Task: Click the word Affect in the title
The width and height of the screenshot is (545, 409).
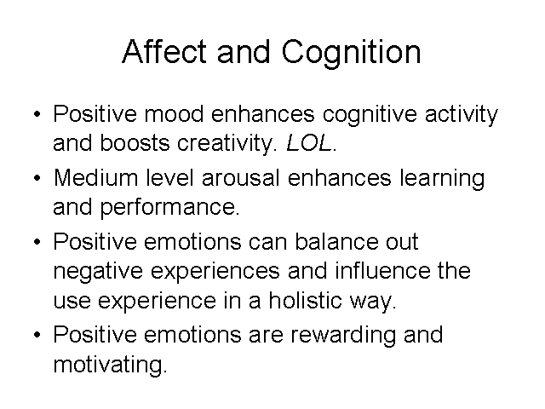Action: [164, 51]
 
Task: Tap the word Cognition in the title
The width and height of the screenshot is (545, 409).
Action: [351, 55]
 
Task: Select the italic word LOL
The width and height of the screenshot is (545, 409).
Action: [308, 142]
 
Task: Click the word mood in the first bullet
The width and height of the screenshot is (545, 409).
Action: [174, 113]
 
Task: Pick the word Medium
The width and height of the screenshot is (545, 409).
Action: [96, 178]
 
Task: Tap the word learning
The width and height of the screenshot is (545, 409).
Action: [442, 180]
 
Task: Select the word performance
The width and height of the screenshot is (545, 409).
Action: [169, 208]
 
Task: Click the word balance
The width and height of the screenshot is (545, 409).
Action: [336, 241]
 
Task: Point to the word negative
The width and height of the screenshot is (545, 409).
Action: [98, 273]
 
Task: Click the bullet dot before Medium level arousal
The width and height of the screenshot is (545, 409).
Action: [37, 178]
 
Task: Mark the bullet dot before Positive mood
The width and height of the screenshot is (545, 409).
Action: [37, 114]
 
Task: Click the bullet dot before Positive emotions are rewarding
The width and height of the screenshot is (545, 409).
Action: [37, 335]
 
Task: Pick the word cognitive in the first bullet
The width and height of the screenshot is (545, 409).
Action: [370, 116]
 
